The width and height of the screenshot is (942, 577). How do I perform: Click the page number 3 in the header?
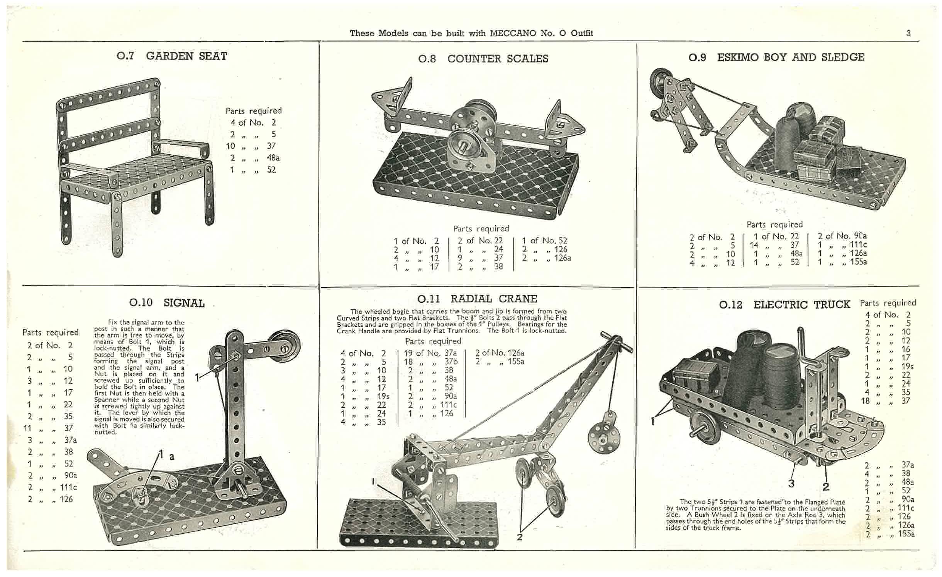pos(908,33)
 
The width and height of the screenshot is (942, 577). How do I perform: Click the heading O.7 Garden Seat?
pos(172,56)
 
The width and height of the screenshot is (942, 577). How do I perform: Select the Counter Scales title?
pos(498,59)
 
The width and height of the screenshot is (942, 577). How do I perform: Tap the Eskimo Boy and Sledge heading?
pos(791,57)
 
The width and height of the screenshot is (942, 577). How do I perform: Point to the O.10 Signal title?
pos(167,303)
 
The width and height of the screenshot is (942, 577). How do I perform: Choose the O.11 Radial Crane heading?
pos(477,299)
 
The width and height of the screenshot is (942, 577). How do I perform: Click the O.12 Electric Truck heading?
pos(784,305)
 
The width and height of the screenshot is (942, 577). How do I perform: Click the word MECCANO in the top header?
pos(513,33)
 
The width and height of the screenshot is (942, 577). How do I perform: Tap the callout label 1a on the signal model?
pos(166,456)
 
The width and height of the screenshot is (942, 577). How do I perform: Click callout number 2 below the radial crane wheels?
pos(520,537)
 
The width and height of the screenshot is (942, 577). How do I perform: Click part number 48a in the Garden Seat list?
pos(273,158)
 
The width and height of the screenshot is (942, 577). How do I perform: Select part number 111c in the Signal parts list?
pos(68,487)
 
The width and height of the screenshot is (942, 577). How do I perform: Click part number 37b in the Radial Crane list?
pos(450,362)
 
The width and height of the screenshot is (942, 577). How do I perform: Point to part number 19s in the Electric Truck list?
pos(908,366)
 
